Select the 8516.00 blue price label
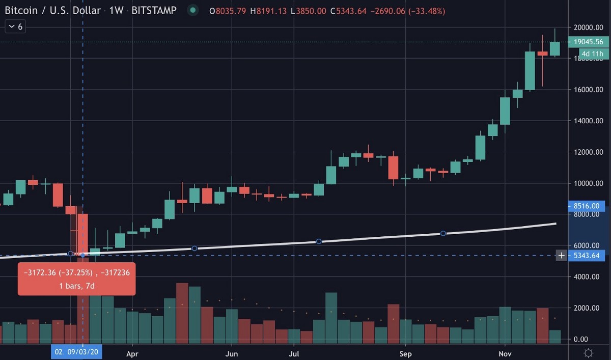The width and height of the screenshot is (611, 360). point(586,206)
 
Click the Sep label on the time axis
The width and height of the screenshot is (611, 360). point(405,353)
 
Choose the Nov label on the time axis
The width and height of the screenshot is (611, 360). point(505,353)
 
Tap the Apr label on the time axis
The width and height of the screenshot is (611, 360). point(132,353)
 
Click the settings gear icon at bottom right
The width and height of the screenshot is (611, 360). point(588,353)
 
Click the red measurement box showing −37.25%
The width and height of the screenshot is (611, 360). point(76,279)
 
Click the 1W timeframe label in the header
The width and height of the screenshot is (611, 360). point(117,10)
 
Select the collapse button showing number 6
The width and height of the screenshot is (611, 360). point(15,26)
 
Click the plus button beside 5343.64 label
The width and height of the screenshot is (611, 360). point(561,255)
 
